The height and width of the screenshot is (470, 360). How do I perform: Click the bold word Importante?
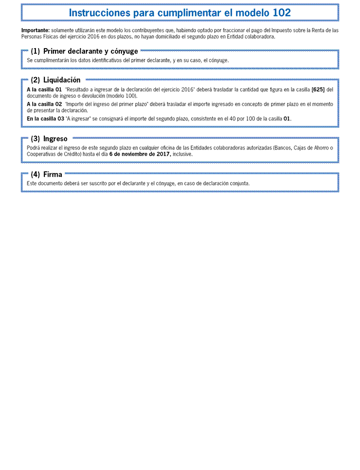pyautogui.click(x=35, y=31)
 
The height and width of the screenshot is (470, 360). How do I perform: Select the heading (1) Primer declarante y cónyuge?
pyautogui.click(x=84, y=51)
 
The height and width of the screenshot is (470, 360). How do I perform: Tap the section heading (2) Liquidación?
pyautogui.click(x=55, y=80)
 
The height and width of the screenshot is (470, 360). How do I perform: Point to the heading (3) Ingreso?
pyautogui.click(x=49, y=139)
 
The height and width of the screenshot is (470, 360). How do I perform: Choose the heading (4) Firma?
pyautogui.click(x=46, y=174)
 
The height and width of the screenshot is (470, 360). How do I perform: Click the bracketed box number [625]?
pyautogui.click(x=318, y=90)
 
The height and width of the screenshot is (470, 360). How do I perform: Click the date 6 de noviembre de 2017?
pyautogui.click(x=139, y=154)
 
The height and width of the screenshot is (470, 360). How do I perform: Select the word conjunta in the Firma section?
pyautogui.click(x=239, y=183)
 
